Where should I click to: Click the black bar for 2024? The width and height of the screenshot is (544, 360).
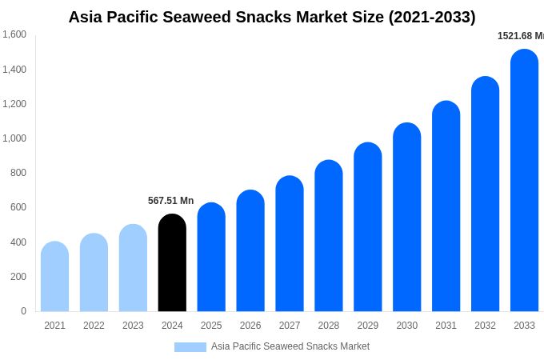coord(172,263)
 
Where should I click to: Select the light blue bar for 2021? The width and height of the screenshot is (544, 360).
coord(54,277)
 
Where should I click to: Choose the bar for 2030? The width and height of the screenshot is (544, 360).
coord(406,218)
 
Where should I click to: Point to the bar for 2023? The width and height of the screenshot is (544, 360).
coord(133,268)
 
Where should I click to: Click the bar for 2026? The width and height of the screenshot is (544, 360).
coord(250,251)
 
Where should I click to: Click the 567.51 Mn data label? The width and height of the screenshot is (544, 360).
coord(170,201)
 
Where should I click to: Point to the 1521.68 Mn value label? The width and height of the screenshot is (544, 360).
coord(520,36)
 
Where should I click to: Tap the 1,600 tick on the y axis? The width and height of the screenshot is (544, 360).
coord(14,34)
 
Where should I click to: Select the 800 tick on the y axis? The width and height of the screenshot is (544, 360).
coord(18,173)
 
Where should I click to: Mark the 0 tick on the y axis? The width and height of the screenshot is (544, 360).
coord(23,311)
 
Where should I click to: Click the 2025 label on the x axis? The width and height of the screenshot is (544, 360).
coord(211,326)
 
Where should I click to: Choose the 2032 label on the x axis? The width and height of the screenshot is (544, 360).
coord(485,326)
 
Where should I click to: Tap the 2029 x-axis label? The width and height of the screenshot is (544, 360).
coord(367,326)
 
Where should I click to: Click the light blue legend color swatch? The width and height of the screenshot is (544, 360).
coord(190,347)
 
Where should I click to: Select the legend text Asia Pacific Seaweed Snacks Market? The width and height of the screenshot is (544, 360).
coord(290,346)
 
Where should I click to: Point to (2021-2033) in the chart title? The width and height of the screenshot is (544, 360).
coord(432,17)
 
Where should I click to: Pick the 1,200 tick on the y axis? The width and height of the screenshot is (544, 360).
coord(14,104)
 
